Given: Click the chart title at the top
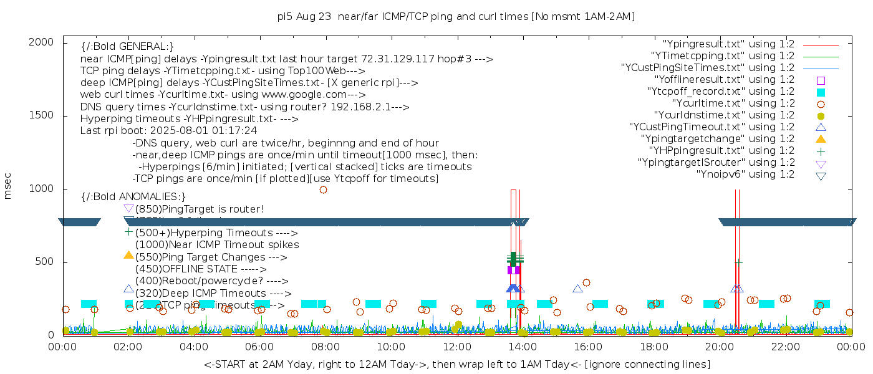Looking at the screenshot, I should click(x=456, y=17).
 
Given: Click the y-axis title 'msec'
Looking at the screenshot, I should click(x=8, y=186).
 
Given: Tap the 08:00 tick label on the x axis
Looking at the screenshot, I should click(x=326, y=347).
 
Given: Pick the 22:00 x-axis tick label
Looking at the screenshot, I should click(x=785, y=347).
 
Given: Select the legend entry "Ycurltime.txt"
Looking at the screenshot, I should click(x=733, y=103).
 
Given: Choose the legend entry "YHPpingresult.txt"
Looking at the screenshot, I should click(x=721, y=150).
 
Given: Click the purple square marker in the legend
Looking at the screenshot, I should click(x=821, y=80).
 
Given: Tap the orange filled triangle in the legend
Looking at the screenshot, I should click(x=821, y=138).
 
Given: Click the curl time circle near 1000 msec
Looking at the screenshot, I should click(x=323, y=189).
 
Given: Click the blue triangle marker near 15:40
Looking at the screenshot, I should click(x=577, y=289).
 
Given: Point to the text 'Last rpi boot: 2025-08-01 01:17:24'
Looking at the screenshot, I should click(x=168, y=131).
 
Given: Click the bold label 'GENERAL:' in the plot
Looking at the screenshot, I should click(x=127, y=47).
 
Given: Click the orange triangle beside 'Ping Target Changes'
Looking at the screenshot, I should click(x=128, y=255).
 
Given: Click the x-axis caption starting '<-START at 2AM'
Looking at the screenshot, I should click(x=456, y=363).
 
